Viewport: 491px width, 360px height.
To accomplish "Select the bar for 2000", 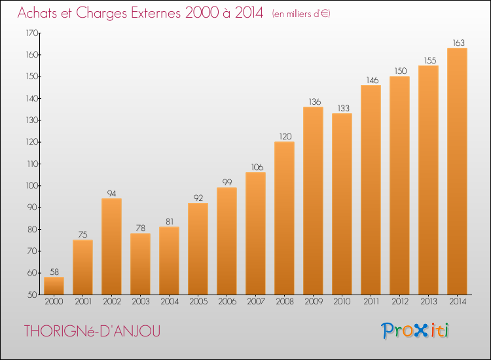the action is [x=54, y=286].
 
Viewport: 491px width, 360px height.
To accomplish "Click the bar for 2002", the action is [x=111, y=246].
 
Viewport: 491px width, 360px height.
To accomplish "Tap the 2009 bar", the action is [x=313, y=201].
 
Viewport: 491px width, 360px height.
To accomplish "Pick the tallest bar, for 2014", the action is [x=457, y=171].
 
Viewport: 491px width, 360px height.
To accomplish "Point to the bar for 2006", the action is [x=227, y=241].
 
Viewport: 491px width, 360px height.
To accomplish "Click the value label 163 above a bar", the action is [x=458, y=43].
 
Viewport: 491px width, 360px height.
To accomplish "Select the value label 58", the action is [x=54, y=272].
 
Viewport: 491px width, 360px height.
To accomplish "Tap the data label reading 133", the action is [x=344, y=108].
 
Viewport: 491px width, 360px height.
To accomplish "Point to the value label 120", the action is [x=285, y=137].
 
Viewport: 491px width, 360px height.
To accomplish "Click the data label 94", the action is [x=111, y=194].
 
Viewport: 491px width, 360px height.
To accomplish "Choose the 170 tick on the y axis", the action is [x=32, y=33].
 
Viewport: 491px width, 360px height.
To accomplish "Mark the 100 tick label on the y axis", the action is [x=32, y=186].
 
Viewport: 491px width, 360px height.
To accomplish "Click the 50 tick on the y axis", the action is [x=33, y=295].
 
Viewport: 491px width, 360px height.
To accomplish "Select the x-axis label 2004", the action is [x=170, y=302].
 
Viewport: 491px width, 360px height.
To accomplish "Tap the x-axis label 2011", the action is [x=371, y=302].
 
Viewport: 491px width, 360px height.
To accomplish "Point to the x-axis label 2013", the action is [x=429, y=302].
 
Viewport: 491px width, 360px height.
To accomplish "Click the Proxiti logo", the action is [x=415, y=331].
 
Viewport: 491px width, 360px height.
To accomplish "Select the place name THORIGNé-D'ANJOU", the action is [x=92, y=331].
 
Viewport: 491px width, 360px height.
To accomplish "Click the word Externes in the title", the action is [x=156, y=13].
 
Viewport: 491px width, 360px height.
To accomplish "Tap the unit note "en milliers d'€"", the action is [x=301, y=14].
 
